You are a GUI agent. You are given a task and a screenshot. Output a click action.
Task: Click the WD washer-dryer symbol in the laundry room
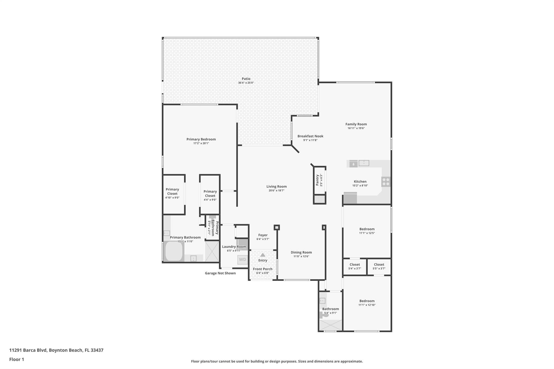(x=243, y=260)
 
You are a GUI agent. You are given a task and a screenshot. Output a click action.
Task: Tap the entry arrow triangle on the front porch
(x=263, y=255)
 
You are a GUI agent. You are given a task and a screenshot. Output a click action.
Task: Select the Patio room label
(x=246, y=79)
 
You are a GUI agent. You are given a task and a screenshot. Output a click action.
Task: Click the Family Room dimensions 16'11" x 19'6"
(x=356, y=128)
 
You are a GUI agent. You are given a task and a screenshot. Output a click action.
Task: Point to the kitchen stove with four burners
(x=386, y=182)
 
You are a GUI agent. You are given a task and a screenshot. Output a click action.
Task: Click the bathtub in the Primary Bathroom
(x=174, y=251)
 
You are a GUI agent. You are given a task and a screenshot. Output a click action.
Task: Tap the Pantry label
(x=317, y=180)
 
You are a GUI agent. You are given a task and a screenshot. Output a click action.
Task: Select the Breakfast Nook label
(x=310, y=136)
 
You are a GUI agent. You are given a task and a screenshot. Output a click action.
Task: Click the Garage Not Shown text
(x=220, y=273)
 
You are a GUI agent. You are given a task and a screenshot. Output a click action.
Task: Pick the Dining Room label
(x=301, y=252)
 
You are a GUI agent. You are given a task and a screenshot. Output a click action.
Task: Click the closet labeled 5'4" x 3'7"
(x=355, y=267)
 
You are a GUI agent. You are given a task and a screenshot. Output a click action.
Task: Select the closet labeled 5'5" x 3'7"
(x=379, y=267)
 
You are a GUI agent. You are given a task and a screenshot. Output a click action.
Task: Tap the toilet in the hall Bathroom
(x=324, y=315)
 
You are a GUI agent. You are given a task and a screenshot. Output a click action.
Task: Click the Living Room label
(x=276, y=186)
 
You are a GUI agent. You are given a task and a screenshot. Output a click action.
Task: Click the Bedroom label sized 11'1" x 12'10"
(x=367, y=301)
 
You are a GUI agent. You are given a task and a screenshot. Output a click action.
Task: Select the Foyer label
(x=263, y=235)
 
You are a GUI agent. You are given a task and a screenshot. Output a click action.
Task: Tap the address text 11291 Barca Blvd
(x=28, y=350)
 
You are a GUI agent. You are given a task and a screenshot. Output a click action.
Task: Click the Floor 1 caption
(x=17, y=359)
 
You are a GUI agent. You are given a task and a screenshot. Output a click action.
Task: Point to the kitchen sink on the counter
(x=364, y=163)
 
